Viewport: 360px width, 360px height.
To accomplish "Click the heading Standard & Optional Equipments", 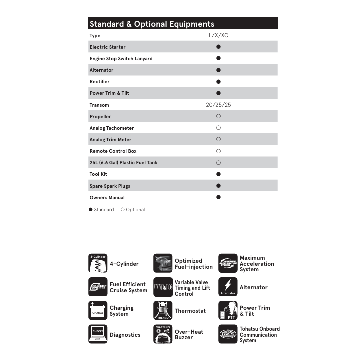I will [152, 24].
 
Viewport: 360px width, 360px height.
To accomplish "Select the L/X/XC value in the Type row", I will [218, 35].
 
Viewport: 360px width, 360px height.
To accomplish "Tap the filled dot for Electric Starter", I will [218, 47].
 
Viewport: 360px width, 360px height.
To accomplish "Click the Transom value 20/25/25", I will [218, 105].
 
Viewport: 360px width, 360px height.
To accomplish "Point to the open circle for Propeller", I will [218, 116].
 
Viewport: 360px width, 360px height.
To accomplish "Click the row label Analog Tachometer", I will [112, 128].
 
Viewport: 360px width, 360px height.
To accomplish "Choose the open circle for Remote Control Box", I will [218, 151].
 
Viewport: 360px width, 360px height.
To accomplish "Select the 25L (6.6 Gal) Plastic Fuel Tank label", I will [123, 163].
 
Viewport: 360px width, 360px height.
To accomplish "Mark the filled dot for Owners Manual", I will [218, 197].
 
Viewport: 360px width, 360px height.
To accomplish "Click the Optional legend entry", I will [133, 210].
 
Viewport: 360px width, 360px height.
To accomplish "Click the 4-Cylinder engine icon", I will [98, 264].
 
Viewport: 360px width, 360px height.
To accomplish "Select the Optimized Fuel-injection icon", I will [163, 264].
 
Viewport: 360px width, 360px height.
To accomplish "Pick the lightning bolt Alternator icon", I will [228, 287].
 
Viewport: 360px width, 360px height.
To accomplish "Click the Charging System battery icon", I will [98, 311].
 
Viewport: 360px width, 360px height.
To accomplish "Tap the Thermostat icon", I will [163, 311].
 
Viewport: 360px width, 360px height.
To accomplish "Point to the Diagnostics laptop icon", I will [98, 334].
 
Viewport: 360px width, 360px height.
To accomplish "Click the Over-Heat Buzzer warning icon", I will [163, 334].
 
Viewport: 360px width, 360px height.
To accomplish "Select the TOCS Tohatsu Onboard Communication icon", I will [228, 334].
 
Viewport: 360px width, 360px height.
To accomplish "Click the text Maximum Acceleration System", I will [257, 264].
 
